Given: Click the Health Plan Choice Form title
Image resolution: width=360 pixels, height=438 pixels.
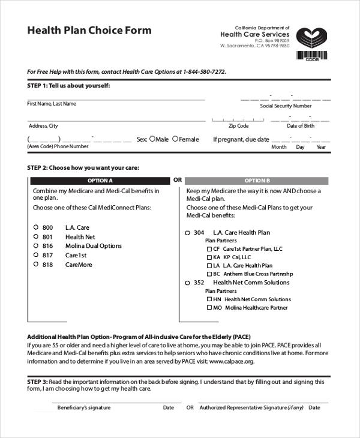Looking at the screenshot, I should pos(89,31).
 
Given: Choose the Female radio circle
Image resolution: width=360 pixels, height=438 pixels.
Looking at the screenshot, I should pos(175,139).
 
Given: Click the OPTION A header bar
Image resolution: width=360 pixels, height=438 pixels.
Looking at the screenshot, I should pos(100,181).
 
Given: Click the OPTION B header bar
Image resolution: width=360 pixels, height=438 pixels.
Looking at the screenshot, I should pos(257,181).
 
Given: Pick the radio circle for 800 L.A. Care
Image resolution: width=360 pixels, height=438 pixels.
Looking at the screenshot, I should pos(36,227).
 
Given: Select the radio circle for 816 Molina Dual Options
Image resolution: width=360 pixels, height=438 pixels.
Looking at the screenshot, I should pos(36,245).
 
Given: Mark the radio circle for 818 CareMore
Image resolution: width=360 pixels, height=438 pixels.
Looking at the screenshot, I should pos(36,264).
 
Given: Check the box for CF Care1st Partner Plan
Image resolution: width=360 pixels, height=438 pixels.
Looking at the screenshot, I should pos(209,248).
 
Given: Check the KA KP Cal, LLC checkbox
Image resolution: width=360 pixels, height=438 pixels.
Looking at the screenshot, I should pos(209,257).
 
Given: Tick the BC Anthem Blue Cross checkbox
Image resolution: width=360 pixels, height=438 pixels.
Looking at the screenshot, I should pos(209,274).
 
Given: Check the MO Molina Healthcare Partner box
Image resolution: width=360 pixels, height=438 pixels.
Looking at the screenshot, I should pos(209,308).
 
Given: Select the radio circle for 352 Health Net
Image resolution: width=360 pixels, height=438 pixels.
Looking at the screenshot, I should pos(187,283).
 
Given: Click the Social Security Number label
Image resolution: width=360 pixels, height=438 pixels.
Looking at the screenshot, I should pos(286,106).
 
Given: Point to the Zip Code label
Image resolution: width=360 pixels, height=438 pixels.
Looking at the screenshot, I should pos(238,126).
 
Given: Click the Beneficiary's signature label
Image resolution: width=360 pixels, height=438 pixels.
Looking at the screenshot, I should pos(84,408).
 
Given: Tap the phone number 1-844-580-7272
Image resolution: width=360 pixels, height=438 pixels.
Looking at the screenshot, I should pos(203,71).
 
